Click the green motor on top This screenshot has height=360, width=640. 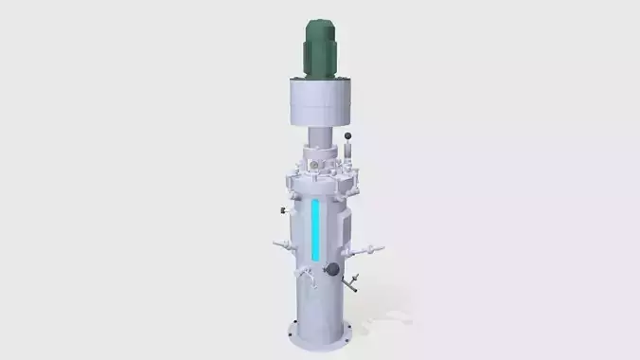pos(320,49)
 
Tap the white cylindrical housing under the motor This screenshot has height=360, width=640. pos(320,102)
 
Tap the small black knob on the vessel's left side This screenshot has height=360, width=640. pos(282,208)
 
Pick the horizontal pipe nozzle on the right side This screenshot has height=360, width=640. pos(367,250)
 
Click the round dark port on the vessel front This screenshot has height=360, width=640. pos(332,270)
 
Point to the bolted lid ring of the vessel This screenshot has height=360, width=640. pos(320,178)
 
